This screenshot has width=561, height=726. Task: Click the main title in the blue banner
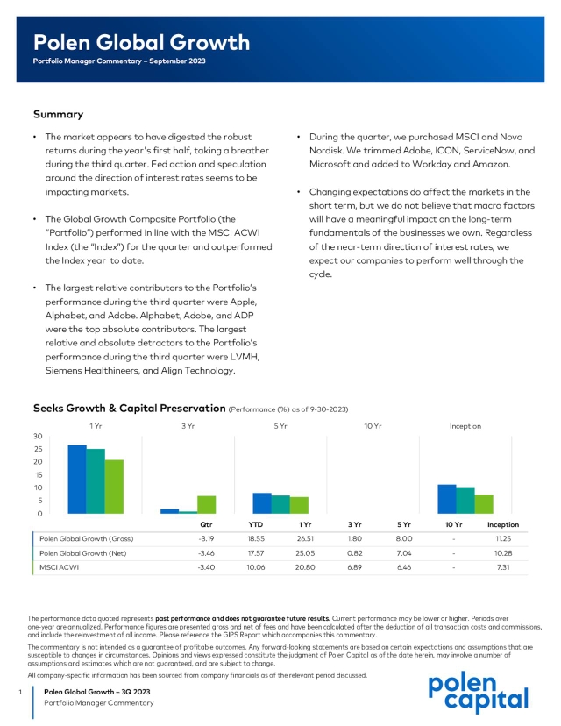(141, 43)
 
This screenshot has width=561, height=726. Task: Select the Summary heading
(58, 114)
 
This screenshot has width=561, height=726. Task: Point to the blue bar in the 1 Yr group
(77, 479)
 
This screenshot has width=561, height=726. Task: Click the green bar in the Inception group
(484, 503)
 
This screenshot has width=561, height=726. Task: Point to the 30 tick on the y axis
(38, 436)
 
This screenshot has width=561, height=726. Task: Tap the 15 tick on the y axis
(38, 474)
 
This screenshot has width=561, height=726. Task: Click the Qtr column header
(207, 524)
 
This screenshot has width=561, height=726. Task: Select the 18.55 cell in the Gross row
(255, 538)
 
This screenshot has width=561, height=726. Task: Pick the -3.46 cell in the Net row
(206, 553)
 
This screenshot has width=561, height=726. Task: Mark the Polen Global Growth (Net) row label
(85, 553)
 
